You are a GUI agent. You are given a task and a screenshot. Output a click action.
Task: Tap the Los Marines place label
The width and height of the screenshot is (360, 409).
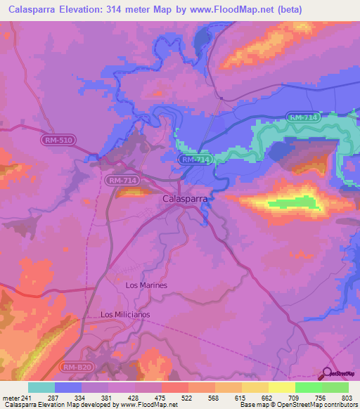(x=146, y=285)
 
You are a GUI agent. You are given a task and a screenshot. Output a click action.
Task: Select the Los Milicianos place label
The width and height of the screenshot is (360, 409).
(x=125, y=314)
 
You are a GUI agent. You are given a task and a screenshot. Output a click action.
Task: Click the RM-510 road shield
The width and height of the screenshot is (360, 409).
(x=58, y=141)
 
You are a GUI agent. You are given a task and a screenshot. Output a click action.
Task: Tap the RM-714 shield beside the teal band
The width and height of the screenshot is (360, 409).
(x=303, y=117)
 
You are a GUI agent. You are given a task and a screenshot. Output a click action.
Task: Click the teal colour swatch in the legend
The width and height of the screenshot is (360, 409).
(x=41, y=387)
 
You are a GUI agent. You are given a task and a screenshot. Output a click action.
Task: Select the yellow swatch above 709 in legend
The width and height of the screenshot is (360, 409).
(x=281, y=387)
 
